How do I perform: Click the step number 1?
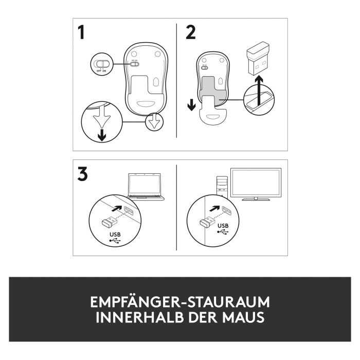[x=81, y=32]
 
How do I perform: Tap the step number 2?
[x=191, y=32]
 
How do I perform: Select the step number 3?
[x=82, y=174]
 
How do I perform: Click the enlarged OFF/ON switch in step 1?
[x=102, y=64]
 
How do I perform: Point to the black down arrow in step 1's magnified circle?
[x=102, y=135]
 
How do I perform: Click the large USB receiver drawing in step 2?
[x=258, y=59]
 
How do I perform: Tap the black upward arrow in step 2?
[x=259, y=90]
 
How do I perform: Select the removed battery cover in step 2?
[x=213, y=110]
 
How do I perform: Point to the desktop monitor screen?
[x=256, y=183]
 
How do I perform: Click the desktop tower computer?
[x=222, y=187]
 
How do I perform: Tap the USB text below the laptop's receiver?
[x=115, y=235]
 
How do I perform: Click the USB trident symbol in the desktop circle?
[x=223, y=232]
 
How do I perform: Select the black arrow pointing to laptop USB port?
[x=117, y=208]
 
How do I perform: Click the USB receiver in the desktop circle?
[x=207, y=222]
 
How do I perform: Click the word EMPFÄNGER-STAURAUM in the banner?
[x=180, y=302]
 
